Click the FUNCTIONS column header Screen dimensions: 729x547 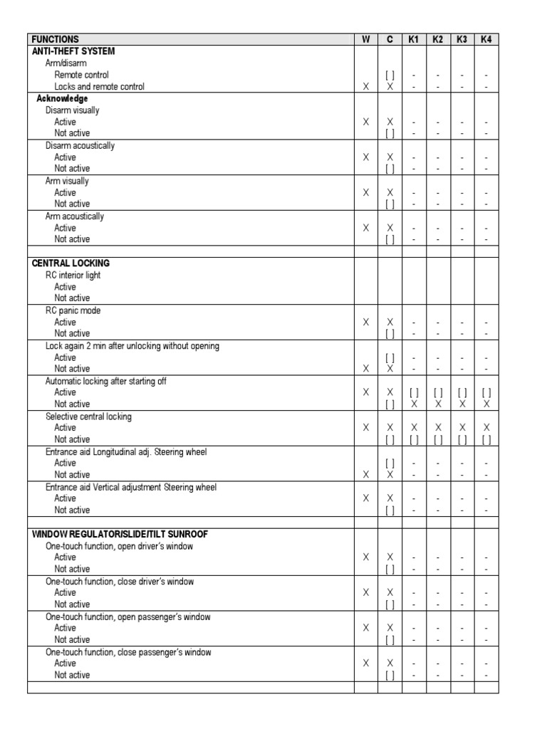pos(56,40)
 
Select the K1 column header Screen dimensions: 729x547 pos(414,40)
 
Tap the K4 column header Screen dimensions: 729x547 pos(486,40)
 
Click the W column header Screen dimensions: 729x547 pos(365,40)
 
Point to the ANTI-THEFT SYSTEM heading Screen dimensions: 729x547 pos(73,51)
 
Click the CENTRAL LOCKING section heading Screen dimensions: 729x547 pos(71,263)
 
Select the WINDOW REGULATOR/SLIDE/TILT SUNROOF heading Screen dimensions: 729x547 pos(120,535)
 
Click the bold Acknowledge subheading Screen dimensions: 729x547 pos(62,99)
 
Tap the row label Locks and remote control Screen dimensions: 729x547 pos(99,87)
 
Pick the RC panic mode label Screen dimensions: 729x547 pos(73,311)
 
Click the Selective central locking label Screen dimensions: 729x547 pos(88,416)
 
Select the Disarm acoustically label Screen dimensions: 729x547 pos(80,146)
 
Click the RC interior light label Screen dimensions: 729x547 pos(75,276)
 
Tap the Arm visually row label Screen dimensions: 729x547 pos(67,182)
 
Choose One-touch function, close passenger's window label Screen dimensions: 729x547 pos(128,652)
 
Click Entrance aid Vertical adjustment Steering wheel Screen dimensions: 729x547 pos(131,488)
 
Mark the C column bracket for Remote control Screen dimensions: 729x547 pos(390,75)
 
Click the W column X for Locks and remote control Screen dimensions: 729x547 pos(365,87)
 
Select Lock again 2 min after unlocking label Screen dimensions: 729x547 pos(132,346)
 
